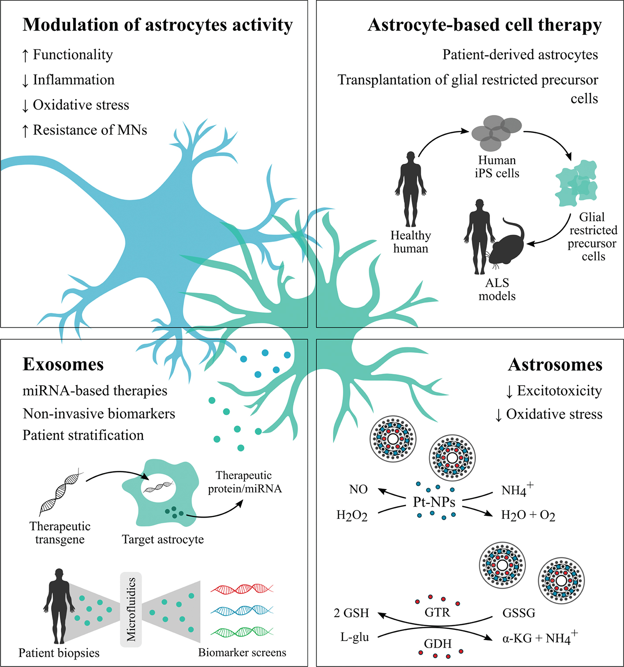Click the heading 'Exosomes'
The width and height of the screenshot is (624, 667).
[63, 365]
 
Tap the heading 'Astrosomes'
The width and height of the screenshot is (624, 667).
[555, 365]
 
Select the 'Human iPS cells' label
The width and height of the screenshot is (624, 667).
[497, 167]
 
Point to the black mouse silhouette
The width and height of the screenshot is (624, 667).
[507, 245]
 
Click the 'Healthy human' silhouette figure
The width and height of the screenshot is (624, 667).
[411, 189]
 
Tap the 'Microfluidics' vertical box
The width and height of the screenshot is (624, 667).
[131, 609]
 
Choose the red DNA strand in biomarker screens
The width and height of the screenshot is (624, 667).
[242, 589]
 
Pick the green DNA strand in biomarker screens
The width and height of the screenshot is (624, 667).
[242, 632]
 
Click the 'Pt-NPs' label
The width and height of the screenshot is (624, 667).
[434, 502]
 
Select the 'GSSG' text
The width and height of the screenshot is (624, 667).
[519, 613]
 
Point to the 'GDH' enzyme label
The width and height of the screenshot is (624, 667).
[438, 644]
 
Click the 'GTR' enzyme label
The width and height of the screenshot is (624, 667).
[437, 612]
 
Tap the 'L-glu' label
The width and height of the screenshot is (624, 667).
[355, 637]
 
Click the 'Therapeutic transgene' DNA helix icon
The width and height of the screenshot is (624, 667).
[61, 491]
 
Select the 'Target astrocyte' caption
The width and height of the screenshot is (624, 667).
[163, 540]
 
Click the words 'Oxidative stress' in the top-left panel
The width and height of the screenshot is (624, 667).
[81, 105]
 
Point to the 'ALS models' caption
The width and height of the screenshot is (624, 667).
[497, 289]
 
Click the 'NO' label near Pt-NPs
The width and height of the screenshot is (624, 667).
[358, 489]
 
